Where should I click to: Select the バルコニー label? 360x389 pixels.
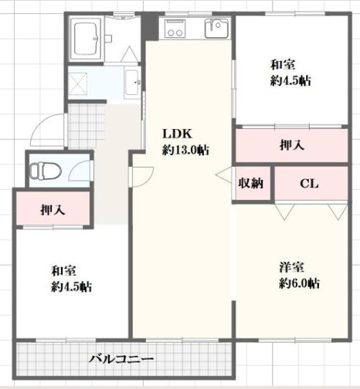pos(122,359)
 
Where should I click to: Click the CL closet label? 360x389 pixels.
pos(309,184)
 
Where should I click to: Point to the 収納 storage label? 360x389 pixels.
pos(251,184)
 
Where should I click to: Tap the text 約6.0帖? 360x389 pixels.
pos(299,283)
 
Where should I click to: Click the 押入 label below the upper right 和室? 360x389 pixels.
pos(290,146)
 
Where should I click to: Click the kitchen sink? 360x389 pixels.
pos(216,30)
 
